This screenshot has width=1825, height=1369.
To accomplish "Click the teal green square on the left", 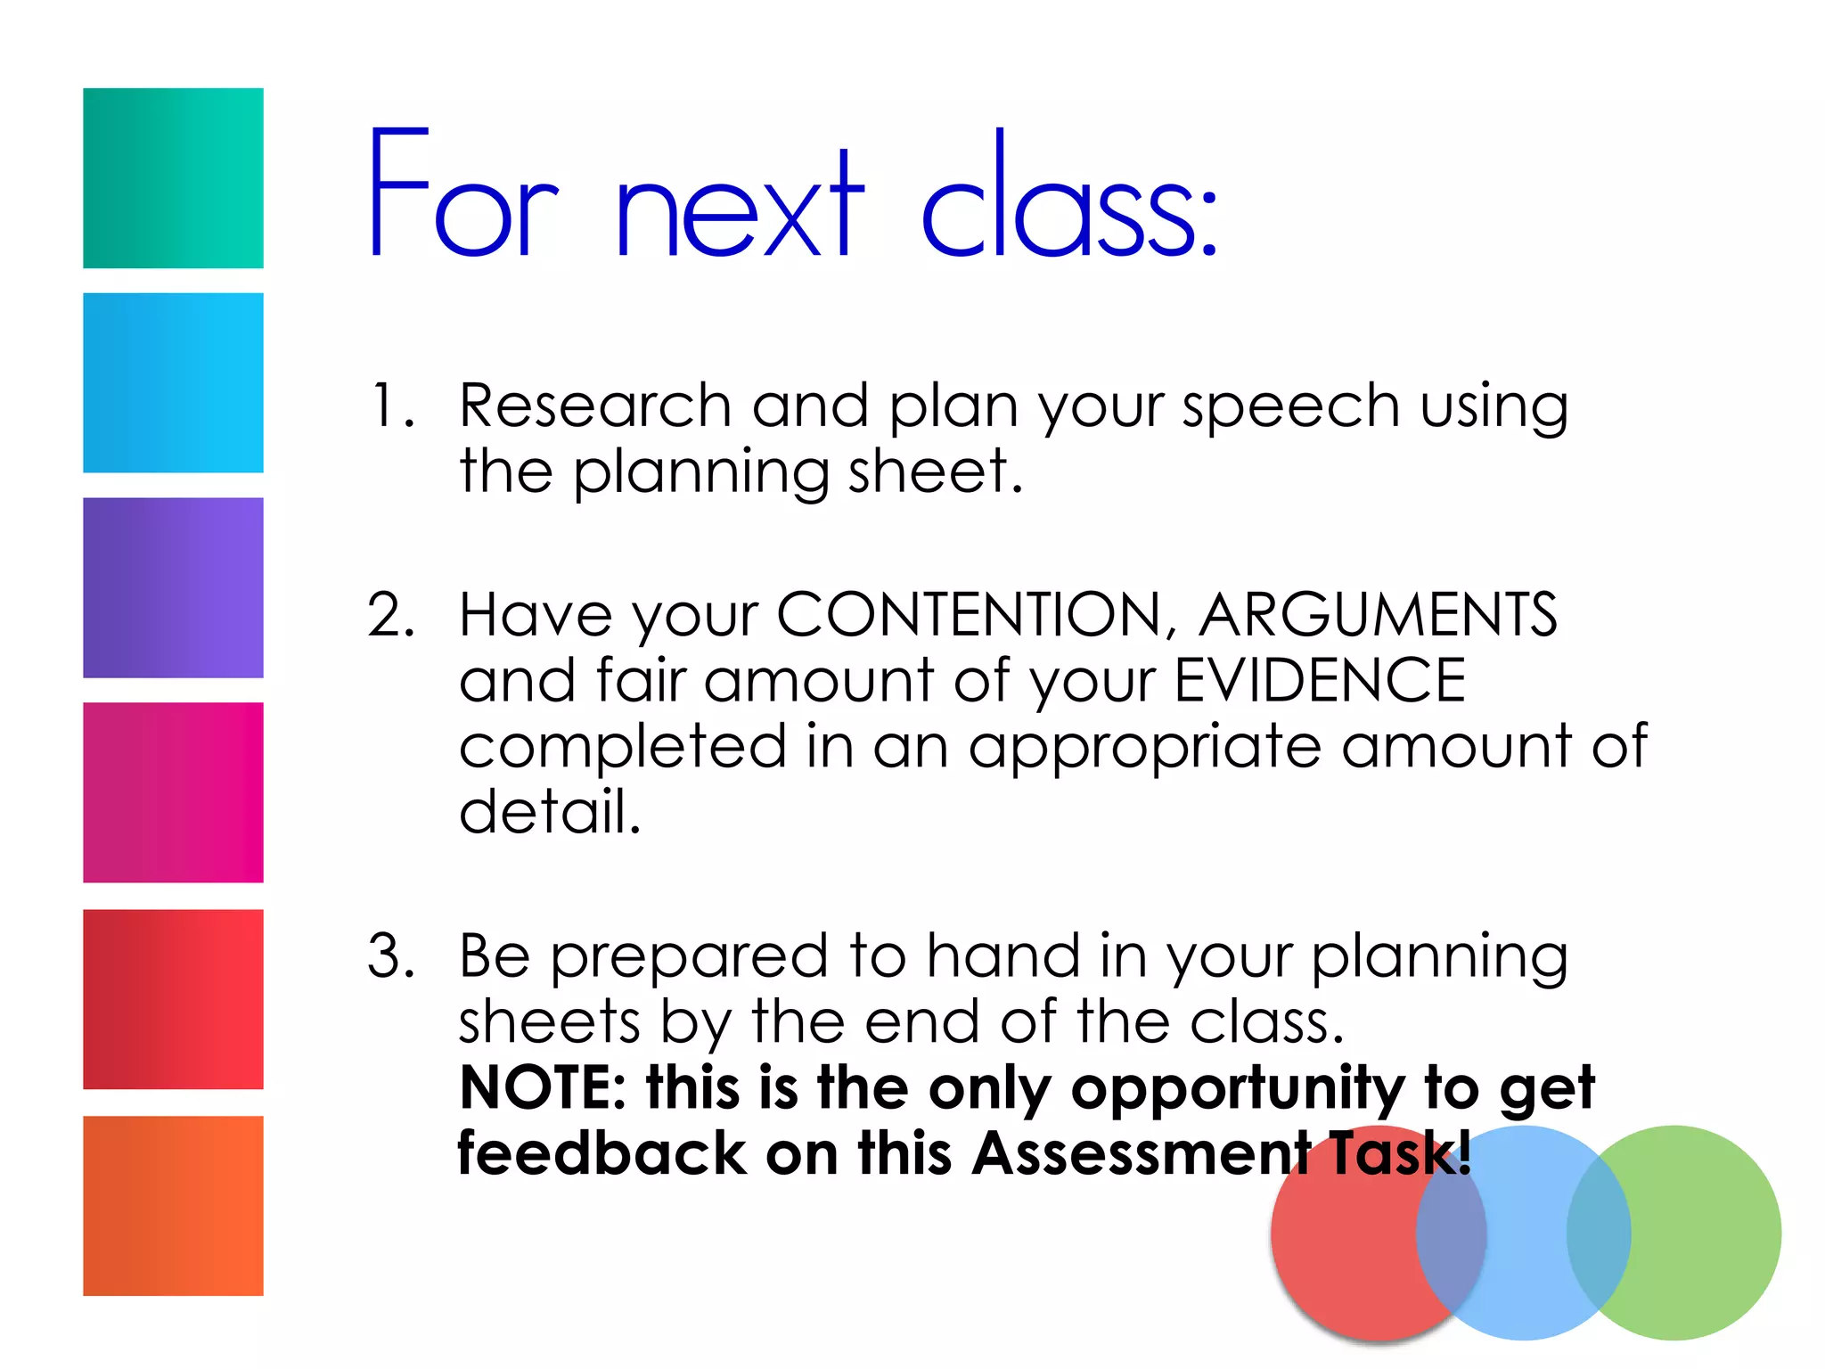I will (173, 177).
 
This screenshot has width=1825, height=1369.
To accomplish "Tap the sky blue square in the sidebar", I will (173, 382).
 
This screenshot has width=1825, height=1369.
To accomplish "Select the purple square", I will (173, 587).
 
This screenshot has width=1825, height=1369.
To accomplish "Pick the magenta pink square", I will (173, 792).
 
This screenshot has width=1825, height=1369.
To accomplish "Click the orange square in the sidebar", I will (173, 1205).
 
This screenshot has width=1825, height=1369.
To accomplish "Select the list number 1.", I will (391, 406).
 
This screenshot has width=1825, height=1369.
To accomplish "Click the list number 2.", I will (391, 615).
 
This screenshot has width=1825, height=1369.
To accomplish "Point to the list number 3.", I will (391, 955).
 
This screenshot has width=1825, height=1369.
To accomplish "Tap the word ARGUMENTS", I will (1377, 615).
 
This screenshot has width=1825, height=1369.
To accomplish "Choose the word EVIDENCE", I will (1320, 680).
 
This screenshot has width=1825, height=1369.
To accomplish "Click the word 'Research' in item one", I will (595, 406).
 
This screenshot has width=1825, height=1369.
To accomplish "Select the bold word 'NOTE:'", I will (543, 1087).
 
